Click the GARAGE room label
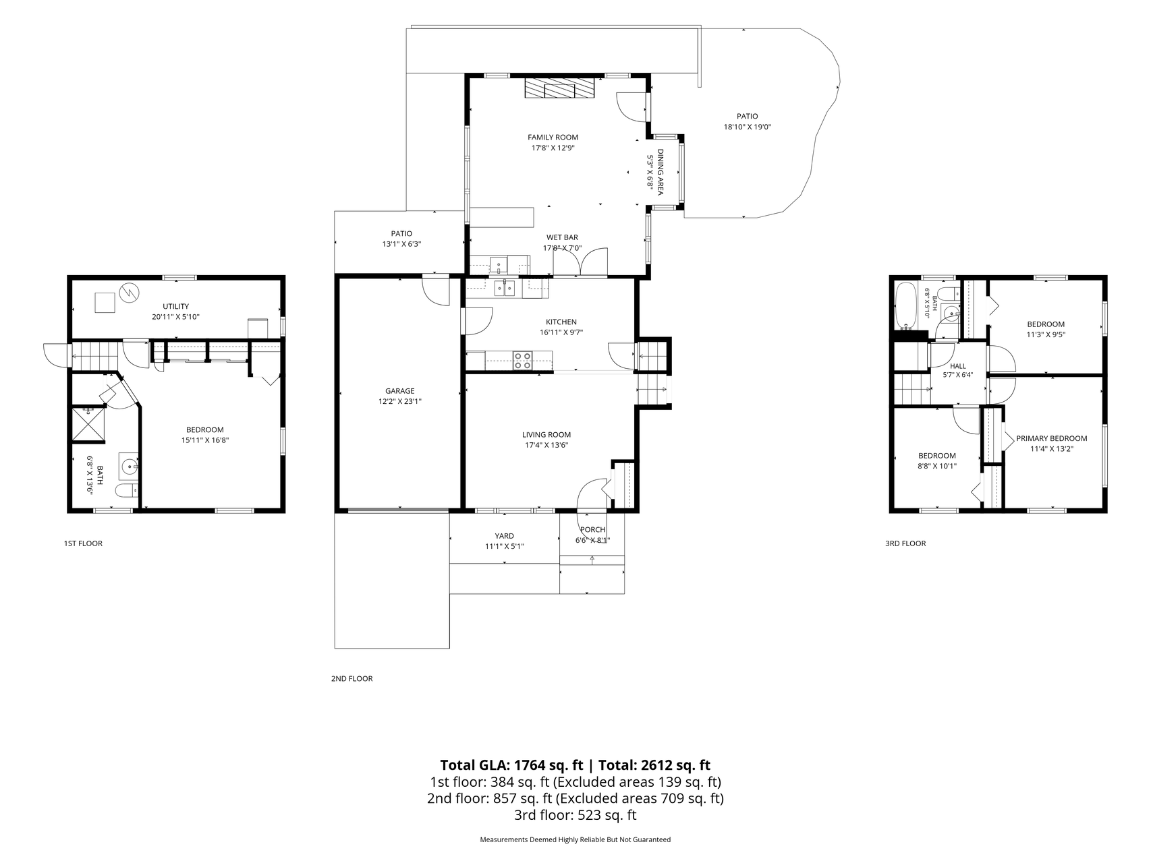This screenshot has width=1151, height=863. (x=399, y=391)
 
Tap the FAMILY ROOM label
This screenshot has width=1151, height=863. (x=553, y=138)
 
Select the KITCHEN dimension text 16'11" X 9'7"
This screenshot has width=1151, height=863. (x=561, y=332)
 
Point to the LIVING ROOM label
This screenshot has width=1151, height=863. (x=546, y=435)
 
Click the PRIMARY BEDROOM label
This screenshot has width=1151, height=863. (x=1052, y=438)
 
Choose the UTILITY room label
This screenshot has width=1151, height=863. (x=175, y=307)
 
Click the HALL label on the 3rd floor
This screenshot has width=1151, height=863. (x=957, y=366)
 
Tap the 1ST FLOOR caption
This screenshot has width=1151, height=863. (x=83, y=543)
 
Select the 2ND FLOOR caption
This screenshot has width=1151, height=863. (x=352, y=679)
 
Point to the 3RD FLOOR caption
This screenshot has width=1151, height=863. (x=905, y=543)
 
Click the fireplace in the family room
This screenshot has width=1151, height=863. (x=560, y=88)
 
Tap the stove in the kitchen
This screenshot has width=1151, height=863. (x=522, y=360)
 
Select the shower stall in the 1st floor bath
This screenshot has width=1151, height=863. (x=89, y=424)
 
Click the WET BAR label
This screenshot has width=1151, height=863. (x=562, y=237)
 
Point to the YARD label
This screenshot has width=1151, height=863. (x=504, y=536)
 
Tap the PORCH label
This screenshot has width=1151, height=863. (x=592, y=530)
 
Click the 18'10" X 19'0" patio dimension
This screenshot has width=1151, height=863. (x=747, y=127)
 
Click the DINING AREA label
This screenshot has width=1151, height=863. (x=661, y=173)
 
